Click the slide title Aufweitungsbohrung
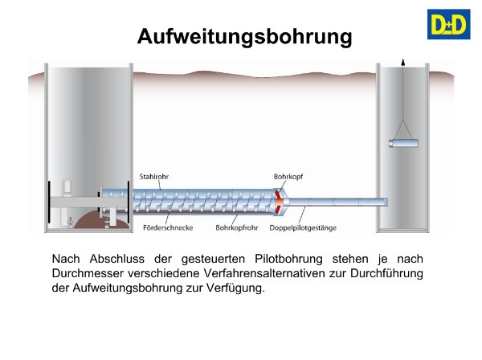[245, 37]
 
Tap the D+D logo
[448, 24]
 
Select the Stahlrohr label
[154, 177]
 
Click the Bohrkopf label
[288, 177]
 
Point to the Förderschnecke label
[168, 227]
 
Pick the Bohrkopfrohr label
[237, 227]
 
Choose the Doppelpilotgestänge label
[303, 227]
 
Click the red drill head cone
[279, 202]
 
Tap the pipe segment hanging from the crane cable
[403, 143]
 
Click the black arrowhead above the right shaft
[402, 62]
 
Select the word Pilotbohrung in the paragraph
[288, 259]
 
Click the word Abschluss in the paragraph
[116, 259]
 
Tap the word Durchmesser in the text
[88, 273]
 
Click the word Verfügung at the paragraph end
[235, 288]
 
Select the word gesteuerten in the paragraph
[213, 260]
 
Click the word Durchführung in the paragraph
[386, 273]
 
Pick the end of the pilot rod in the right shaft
[386, 202]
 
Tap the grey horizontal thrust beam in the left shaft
[89, 202]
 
